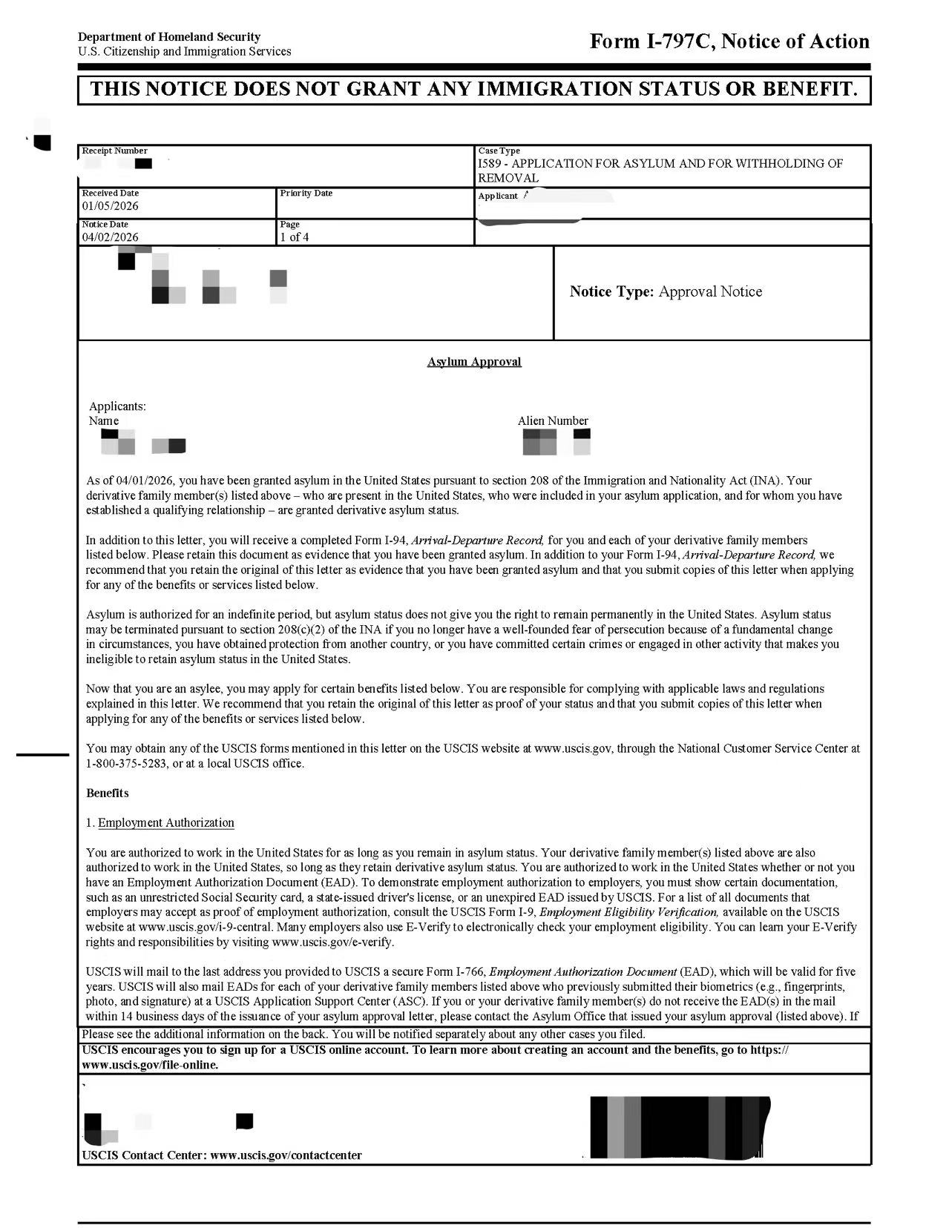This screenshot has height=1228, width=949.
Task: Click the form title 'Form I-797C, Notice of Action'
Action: [729, 42]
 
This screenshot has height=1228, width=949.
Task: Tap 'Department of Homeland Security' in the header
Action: [169, 36]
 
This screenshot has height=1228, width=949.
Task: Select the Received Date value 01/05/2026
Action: [110, 206]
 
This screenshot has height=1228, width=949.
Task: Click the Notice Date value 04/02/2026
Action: [110, 237]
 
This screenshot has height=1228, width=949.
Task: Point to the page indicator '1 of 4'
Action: [295, 237]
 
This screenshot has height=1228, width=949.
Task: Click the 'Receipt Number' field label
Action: [114, 151]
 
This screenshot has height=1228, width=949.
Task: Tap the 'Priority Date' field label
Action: [306, 193]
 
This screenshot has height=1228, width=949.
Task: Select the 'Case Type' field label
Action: [499, 151]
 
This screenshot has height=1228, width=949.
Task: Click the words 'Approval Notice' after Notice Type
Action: [710, 291]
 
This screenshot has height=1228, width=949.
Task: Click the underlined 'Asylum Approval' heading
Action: [474, 362]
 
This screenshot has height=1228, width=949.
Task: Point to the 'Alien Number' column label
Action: [553, 420]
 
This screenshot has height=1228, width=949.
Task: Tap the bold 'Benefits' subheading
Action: [108, 793]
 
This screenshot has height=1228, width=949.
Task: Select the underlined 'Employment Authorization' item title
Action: [166, 822]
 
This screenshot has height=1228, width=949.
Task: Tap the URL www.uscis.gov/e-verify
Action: [333, 943]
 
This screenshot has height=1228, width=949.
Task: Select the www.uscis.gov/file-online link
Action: [150, 1065]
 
